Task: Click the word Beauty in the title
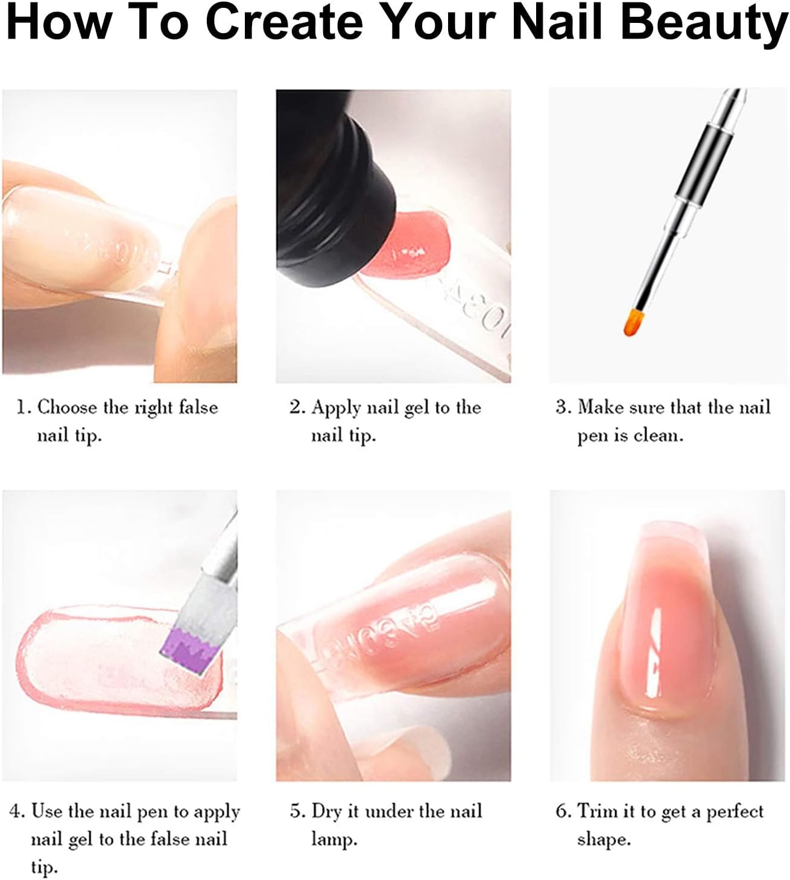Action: (x=705, y=23)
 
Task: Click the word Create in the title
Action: (x=285, y=21)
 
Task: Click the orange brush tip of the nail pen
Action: (x=633, y=321)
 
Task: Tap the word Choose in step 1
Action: (x=68, y=407)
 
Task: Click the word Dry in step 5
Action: (x=326, y=809)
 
